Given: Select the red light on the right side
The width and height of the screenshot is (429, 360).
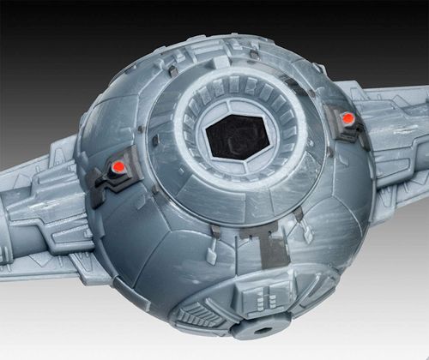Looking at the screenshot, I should pos(348,117).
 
